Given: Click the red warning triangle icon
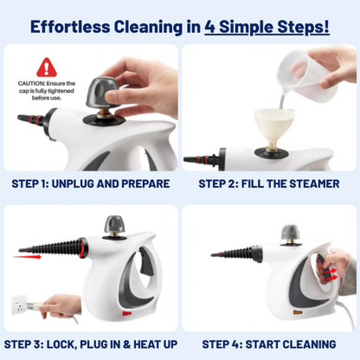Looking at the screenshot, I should pyautogui.click(x=45, y=67).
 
